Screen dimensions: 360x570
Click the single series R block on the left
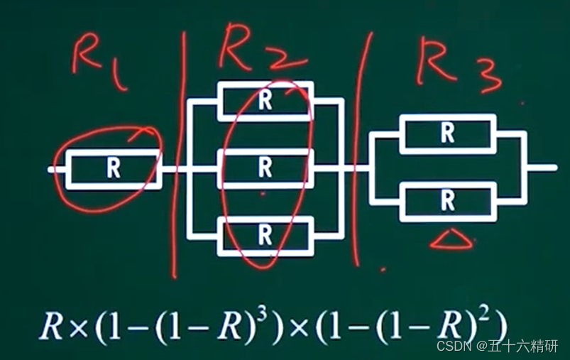(113, 169)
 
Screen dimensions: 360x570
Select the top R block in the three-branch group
(265, 101)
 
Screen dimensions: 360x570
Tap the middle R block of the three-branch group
(265, 168)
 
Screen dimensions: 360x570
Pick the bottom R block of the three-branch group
(265, 235)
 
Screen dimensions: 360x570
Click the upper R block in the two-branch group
(447, 134)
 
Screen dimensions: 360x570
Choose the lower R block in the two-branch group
(447, 202)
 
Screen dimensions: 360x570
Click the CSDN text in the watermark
(449, 346)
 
